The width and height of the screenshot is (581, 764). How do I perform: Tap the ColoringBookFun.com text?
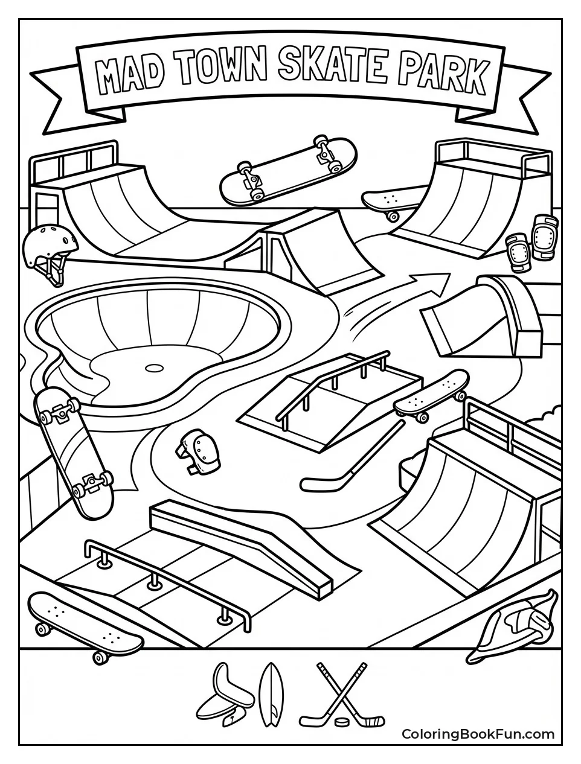click(478, 734)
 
